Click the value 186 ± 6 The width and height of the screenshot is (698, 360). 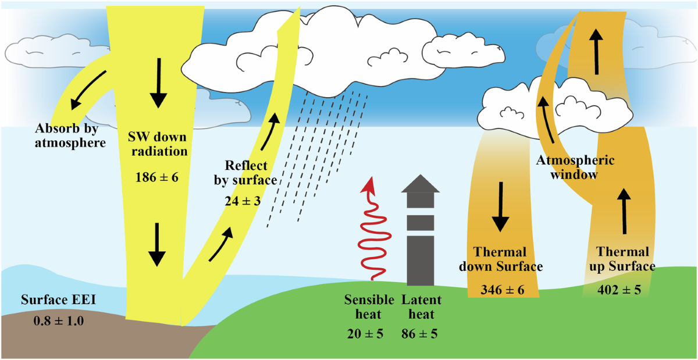[156, 175]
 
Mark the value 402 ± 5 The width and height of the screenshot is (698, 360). [619, 289]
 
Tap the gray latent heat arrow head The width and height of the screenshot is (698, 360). [421, 182]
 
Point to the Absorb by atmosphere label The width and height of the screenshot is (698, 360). [70, 135]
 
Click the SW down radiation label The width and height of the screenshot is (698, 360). [157, 145]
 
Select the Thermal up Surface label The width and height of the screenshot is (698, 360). [619, 259]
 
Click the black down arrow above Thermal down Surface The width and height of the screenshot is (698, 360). [500, 216]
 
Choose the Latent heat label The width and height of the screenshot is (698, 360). [421, 307]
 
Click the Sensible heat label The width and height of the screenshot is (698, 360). [362, 307]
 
